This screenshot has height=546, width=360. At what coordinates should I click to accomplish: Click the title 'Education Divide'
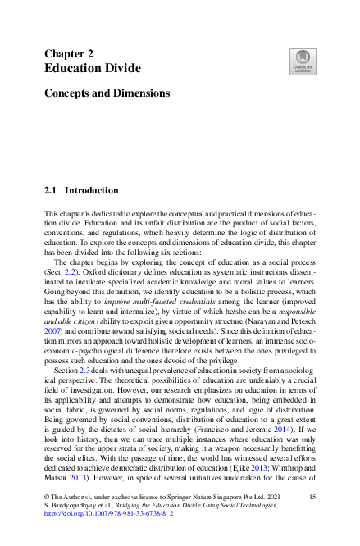pos(92,68)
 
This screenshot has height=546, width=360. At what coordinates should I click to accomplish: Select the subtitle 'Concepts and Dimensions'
pos(107,93)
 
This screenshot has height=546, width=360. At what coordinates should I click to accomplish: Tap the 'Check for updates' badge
pos(303,59)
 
